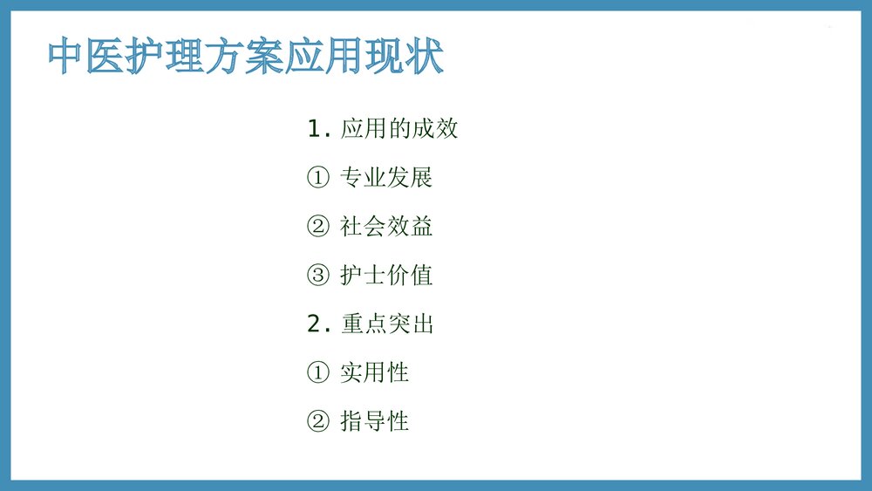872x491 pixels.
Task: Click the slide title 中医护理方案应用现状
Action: [x=246, y=58]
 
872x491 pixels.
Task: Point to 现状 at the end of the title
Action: [x=404, y=58]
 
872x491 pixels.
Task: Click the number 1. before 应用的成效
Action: [x=319, y=130]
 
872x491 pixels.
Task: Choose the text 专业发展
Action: [x=386, y=179]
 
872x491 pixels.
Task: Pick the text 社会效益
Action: [x=386, y=228]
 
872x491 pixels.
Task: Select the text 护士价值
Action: [x=386, y=276]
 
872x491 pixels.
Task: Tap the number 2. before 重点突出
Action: [x=319, y=325]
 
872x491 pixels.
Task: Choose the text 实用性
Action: [x=375, y=374]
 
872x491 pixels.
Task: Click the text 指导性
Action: [x=375, y=423]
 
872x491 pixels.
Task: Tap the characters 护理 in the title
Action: [x=167, y=58]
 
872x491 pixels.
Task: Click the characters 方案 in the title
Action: [x=246, y=58]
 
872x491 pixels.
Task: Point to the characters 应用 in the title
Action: [x=324, y=58]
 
